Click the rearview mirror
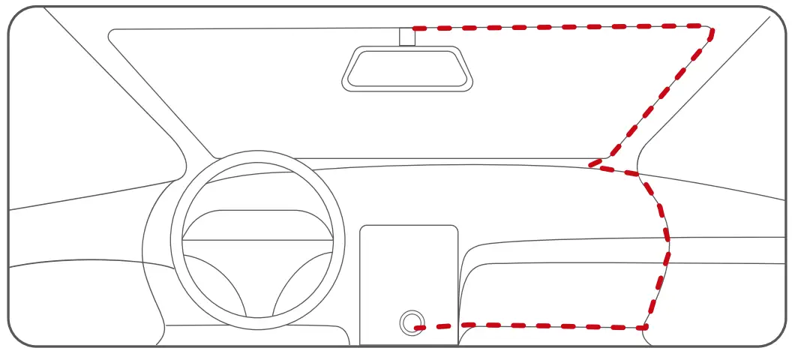point(407,69)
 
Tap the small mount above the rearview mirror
point(406,36)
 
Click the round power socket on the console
point(410,323)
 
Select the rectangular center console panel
point(409,270)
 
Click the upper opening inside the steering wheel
point(257,224)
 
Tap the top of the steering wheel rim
point(257,156)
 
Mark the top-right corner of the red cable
point(710,29)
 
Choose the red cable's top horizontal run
point(562,27)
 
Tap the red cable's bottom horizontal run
point(540,326)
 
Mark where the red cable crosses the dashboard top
point(600,163)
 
